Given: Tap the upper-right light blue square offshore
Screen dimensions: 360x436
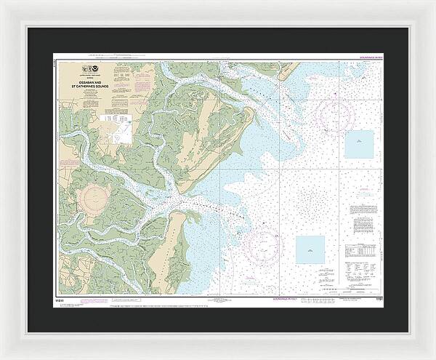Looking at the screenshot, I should point(358,143).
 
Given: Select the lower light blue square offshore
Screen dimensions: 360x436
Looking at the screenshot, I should point(310,249).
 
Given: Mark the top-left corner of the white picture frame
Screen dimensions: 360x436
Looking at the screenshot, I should point(2,2).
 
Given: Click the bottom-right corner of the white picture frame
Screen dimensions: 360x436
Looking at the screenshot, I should point(433,357).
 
